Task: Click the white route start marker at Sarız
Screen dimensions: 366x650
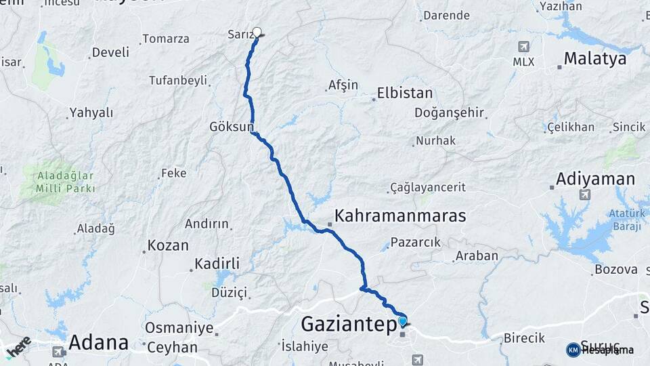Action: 257,32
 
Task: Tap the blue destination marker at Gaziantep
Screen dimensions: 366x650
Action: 403,321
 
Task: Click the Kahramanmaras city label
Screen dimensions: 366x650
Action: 400,216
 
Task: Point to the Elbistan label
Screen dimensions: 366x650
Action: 405,94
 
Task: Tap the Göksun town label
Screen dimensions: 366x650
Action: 232,127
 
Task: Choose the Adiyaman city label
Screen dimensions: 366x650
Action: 595,180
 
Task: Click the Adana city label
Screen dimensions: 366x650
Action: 99,342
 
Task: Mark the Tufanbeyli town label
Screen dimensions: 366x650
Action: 178,81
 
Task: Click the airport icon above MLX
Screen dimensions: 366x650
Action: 523,47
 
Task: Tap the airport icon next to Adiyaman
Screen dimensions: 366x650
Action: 584,195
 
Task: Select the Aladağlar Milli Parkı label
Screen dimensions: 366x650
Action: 66,181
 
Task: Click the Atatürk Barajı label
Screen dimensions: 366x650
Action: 624,219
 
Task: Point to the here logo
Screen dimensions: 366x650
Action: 18,346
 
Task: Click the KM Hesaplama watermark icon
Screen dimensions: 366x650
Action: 573,350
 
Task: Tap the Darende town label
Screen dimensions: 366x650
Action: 446,16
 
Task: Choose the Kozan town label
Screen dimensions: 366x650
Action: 169,245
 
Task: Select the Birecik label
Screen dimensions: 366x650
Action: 524,338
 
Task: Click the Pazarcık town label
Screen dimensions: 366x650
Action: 415,242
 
